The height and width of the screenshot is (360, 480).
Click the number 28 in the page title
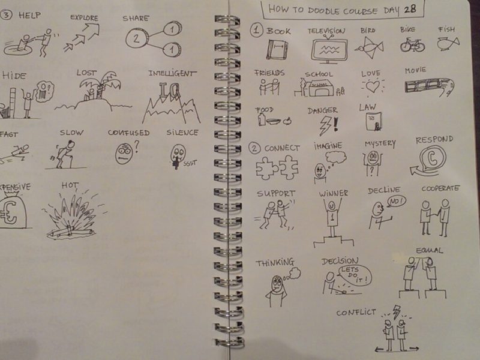click(x=412, y=8)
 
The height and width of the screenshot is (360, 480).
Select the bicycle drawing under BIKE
click(x=412, y=44)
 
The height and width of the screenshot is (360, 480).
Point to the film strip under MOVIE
click(x=427, y=85)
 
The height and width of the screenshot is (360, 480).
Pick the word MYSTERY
click(x=379, y=144)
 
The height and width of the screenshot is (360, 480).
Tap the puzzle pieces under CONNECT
click(x=277, y=167)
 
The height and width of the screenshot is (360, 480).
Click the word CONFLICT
click(x=356, y=313)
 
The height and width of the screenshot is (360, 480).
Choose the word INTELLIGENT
click(x=172, y=74)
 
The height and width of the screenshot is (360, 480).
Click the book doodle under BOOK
click(x=277, y=49)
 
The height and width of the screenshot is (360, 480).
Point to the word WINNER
click(x=333, y=193)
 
